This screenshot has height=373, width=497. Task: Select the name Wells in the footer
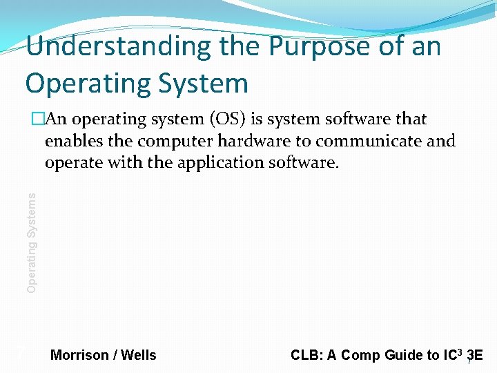(139, 356)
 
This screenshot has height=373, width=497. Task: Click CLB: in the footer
(306, 356)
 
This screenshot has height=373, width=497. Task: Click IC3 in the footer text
(452, 355)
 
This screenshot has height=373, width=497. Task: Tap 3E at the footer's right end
(476, 356)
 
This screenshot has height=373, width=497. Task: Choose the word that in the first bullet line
(411, 119)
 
